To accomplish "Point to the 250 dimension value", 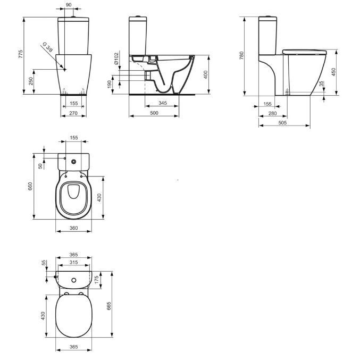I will click(x=30, y=81).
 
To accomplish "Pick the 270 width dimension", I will click(x=74, y=113).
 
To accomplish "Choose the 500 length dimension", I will click(x=153, y=113).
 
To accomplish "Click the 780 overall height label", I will click(x=242, y=56).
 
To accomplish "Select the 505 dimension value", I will click(x=283, y=122).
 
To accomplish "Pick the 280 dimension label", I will click(x=272, y=113).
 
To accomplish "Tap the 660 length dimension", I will click(x=30, y=186).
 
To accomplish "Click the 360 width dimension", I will click(x=74, y=228).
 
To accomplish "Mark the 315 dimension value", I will click(x=74, y=263).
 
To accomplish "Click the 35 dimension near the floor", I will click(x=321, y=84).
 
